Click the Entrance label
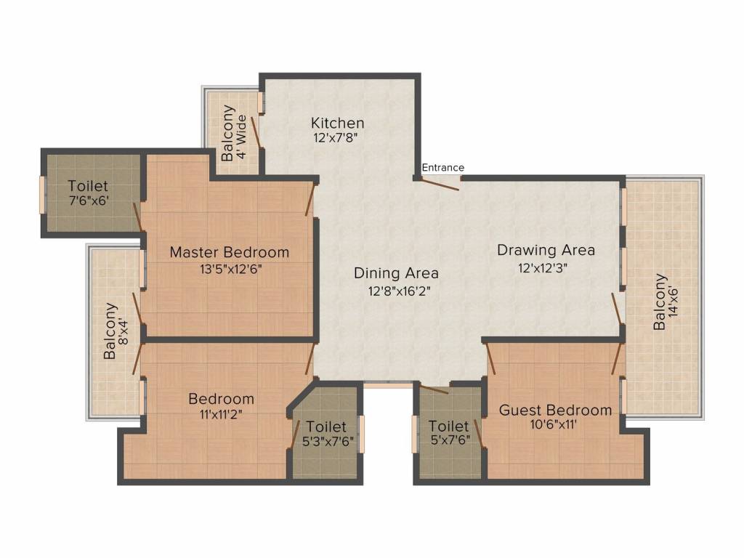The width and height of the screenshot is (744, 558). click(442, 168)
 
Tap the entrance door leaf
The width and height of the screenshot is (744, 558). click(440, 184)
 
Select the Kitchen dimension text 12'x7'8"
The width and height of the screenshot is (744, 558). click(336, 138)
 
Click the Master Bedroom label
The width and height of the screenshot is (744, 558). click(230, 252)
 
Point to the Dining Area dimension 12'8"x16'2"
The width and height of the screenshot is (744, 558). click(400, 291)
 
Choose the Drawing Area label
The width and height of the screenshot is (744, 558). click(546, 250)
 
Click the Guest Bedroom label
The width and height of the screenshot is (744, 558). click(555, 410)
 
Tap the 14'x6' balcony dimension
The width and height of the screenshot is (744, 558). click(673, 302)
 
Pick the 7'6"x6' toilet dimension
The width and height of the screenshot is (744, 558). click(89, 201)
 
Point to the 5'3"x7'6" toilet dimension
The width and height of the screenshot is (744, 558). click(328, 441)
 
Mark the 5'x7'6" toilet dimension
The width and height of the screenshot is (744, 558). click(450, 440)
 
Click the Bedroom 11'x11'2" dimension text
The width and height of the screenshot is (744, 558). click(221, 415)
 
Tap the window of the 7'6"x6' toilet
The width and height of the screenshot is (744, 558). click(41, 195)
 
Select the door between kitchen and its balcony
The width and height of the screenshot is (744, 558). click(256, 130)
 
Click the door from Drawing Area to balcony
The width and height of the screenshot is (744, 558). click(616, 309)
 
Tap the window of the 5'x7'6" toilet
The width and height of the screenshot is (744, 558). click(414, 434)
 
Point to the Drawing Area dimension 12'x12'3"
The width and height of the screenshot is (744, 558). click(543, 268)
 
